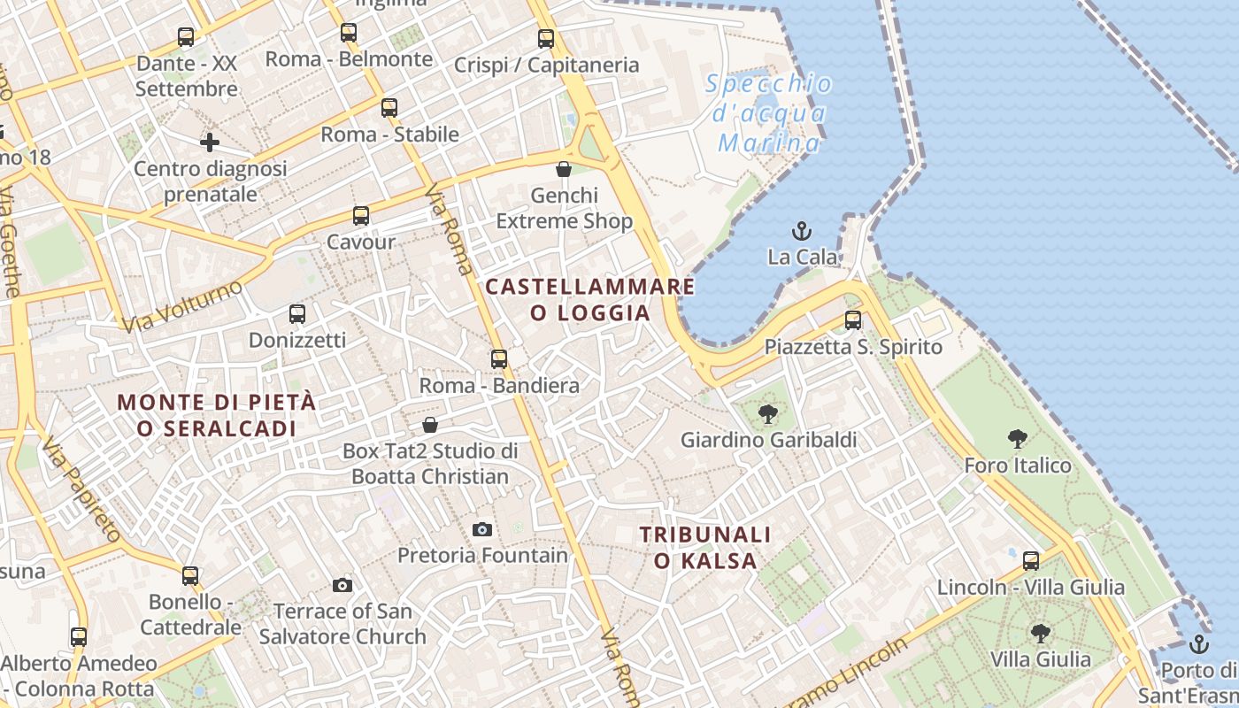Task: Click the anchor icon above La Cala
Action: coord(801,232)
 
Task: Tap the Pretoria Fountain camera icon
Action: coord(482,529)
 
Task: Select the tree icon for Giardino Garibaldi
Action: coord(767,413)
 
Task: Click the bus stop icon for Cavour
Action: coord(360,216)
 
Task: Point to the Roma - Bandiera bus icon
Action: coord(499,359)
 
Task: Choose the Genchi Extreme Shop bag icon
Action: coord(564,169)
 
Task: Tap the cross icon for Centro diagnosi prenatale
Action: coord(210,142)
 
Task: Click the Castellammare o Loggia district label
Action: coord(590,299)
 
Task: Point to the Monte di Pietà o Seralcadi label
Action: coord(217,414)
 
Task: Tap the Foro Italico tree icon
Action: coord(1018,438)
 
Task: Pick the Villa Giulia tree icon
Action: coord(1041,633)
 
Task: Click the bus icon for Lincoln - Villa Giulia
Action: coord(1031,560)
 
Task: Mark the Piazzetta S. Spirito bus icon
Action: coord(853,320)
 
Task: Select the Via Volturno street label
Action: coord(182,307)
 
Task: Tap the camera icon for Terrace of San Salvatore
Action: coord(342,585)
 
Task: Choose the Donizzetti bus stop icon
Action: coord(297,314)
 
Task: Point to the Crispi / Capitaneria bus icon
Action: coord(546,39)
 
